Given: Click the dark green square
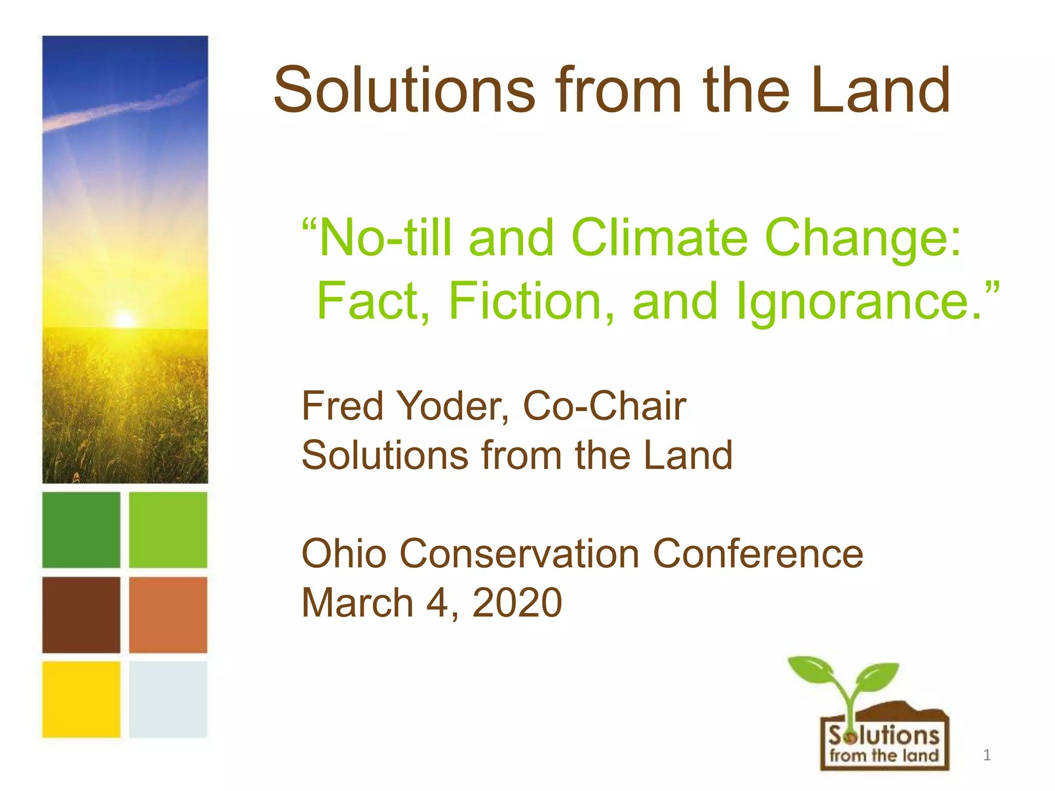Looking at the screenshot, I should point(81,530).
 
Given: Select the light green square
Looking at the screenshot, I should point(168,530).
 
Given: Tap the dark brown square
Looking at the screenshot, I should point(81,615).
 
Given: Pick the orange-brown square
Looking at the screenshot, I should point(168,615).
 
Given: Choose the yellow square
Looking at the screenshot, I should point(81,699).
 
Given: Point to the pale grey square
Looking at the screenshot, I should point(168,699).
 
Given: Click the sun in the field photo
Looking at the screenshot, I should point(124,319).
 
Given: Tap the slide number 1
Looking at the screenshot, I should point(987,755).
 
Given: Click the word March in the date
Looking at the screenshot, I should point(358,603).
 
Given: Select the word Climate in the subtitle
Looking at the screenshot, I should point(659,238).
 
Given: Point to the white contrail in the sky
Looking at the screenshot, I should point(124,107).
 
